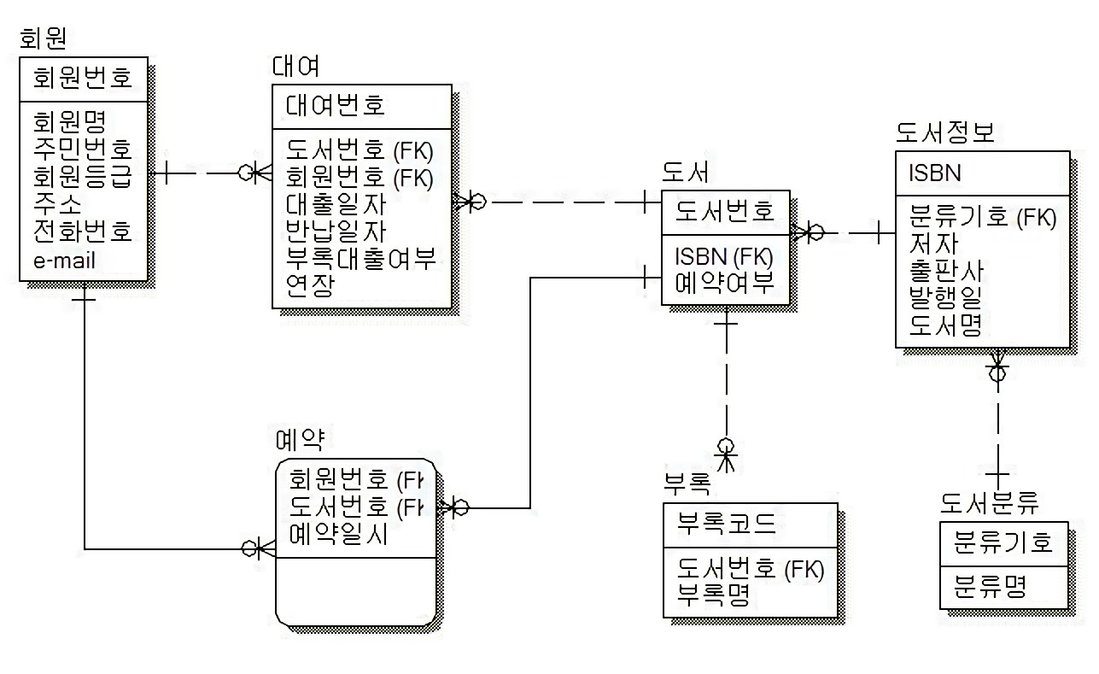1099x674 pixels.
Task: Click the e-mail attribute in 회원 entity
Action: click(64, 261)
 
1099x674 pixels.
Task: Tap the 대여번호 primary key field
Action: click(336, 105)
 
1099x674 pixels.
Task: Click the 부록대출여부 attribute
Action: click(361, 257)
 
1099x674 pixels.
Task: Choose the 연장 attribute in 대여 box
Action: click(309, 284)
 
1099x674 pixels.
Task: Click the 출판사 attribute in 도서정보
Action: click(947, 272)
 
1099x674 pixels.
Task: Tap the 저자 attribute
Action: click(933, 244)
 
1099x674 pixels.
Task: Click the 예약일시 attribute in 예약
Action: click(339, 535)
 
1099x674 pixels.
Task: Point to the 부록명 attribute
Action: click(714, 595)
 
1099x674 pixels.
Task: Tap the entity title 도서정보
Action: click(945, 132)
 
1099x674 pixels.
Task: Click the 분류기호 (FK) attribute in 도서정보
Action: click(983, 217)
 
